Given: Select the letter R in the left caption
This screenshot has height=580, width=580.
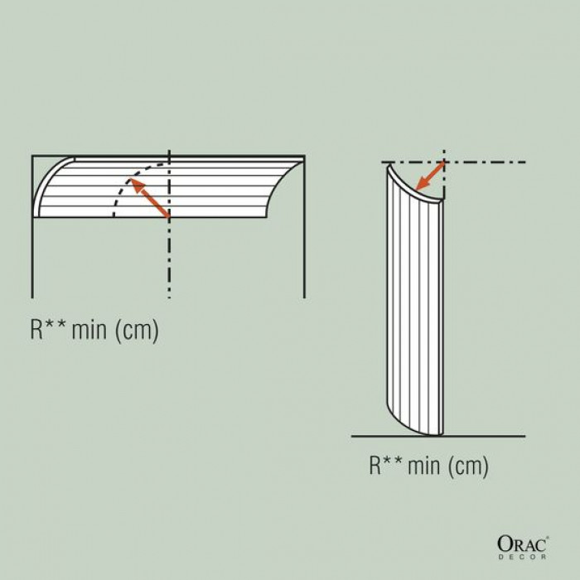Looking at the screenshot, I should coord(37,330).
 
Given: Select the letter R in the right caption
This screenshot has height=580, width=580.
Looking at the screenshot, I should coord(375,466).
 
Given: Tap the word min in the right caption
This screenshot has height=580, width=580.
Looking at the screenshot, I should coord(424,466).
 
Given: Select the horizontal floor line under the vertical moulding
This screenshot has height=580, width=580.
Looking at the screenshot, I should coord(481,436).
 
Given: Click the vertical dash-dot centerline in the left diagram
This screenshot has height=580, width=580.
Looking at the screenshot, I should coord(169,265).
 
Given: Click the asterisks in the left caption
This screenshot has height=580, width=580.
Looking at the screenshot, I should coord(57,326).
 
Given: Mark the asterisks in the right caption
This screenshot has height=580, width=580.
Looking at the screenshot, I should coord(394,461).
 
